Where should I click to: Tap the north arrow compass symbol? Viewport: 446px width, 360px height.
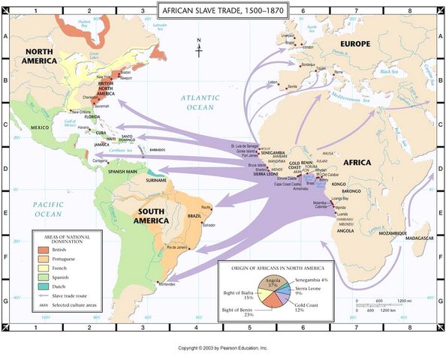pos(199,48)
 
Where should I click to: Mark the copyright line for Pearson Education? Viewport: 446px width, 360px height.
pos(222,349)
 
